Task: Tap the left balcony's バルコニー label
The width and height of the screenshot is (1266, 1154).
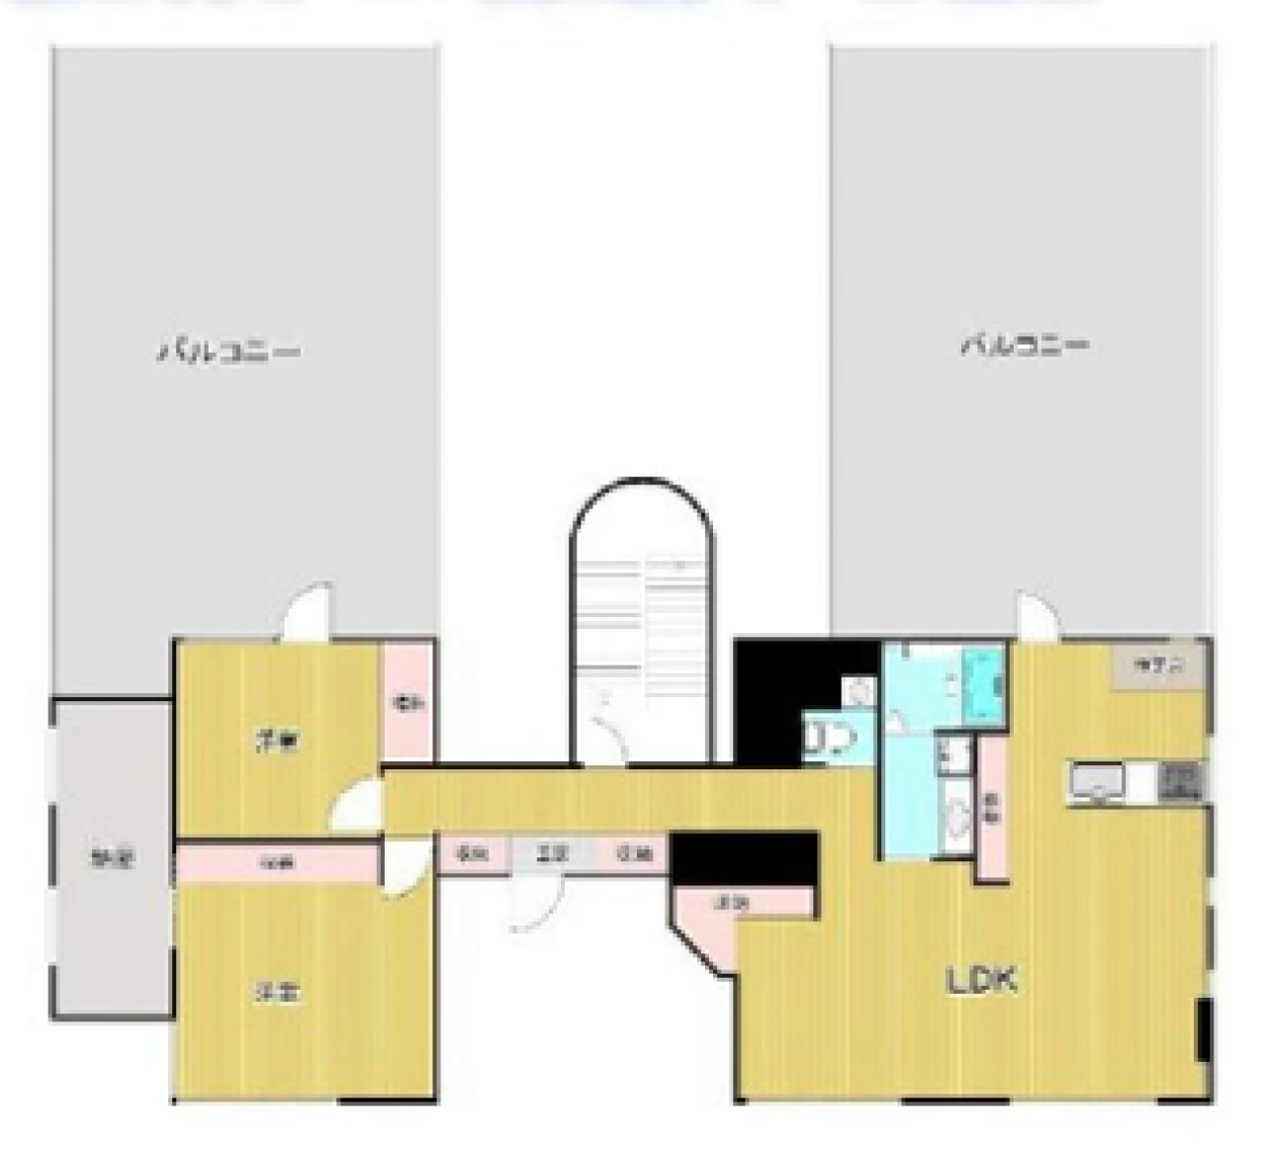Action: [x=228, y=352]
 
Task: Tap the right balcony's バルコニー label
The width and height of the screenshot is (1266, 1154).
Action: [x=1026, y=346]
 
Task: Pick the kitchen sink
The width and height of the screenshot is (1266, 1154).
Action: [x=1097, y=783]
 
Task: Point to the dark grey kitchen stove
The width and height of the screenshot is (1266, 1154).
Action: [x=1181, y=781]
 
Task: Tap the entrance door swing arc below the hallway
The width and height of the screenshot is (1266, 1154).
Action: [x=534, y=905]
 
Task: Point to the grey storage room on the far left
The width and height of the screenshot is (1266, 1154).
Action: [x=112, y=858]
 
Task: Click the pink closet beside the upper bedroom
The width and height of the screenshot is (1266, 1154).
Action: [x=407, y=703]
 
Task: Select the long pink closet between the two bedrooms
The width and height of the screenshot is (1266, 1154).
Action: [x=277, y=862]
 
